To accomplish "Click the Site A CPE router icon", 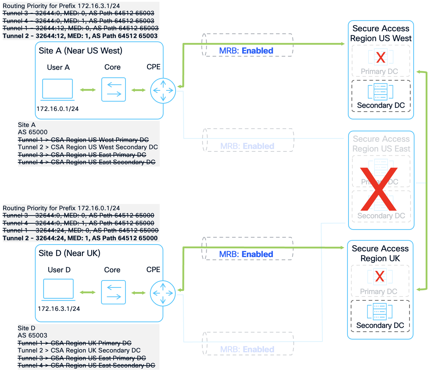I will pyautogui.click(x=163, y=91).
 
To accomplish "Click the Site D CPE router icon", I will pyautogui.click(x=163, y=293).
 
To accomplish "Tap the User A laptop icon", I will pyautogui.click(x=57, y=89).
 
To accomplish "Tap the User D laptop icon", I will pyautogui.click(x=58, y=289).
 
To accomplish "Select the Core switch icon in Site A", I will pyautogui.click(x=114, y=89).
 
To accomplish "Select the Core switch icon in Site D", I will pyautogui.click(x=113, y=292).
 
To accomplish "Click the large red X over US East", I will pyautogui.click(x=379, y=189).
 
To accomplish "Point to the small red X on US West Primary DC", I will pyautogui.click(x=381, y=57).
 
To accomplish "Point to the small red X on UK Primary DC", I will pyautogui.click(x=380, y=276).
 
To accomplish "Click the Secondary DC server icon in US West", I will pyautogui.click(x=380, y=92).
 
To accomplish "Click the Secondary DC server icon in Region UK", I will pyautogui.click(x=380, y=311).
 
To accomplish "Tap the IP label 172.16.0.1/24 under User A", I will pyautogui.click(x=58, y=109).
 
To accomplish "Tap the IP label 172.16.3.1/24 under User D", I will pyautogui.click(x=59, y=309).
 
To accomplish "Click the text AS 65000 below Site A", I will pyautogui.click(x=33, y=132).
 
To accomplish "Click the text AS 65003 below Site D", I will pyautogui.click(x=33, y=335).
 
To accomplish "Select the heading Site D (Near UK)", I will pyautogui.click(x=70, y=253).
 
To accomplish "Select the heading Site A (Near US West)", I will pyautogui.click(x=80, y=51).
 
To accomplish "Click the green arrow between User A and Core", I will pyautogui.click(x=88, y=90).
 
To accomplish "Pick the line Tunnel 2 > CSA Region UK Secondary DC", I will pyautogui.click(x=79, y=350).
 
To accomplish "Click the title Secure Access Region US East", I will pyautogui.click(x=381, y=144).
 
